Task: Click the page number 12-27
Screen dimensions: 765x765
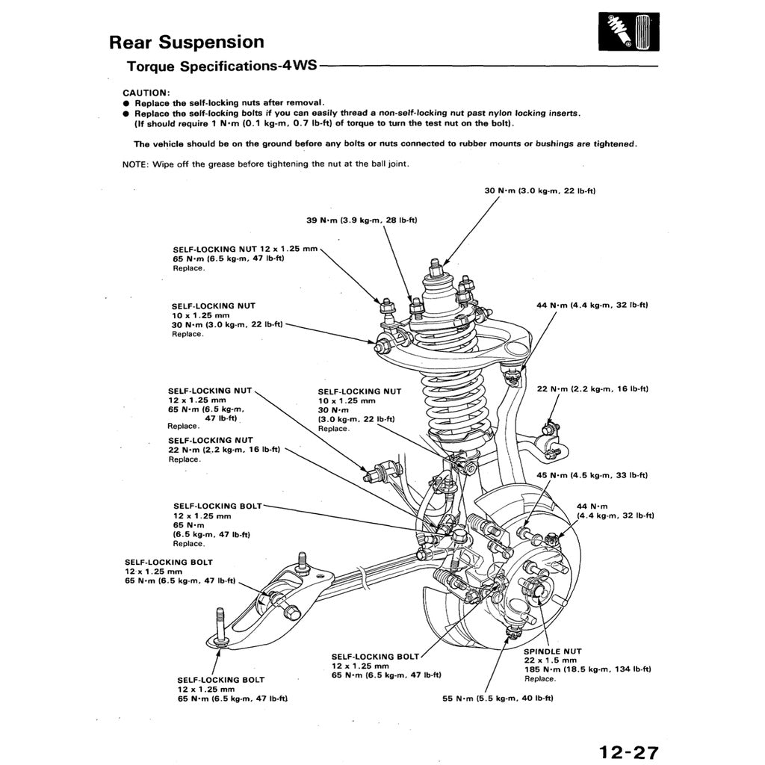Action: (628, 751)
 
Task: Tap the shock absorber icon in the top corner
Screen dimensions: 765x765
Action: (628, 34)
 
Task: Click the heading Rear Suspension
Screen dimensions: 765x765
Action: (186, 42)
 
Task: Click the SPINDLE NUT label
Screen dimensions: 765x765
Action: (552, 651)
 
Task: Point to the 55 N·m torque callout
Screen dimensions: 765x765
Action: (498, 699)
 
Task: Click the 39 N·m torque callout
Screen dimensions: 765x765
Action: (362, 220)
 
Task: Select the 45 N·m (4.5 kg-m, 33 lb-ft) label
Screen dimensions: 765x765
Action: (592, 475)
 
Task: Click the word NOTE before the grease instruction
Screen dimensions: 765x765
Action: (135, 164)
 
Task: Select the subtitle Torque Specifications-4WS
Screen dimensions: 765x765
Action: (221, 66)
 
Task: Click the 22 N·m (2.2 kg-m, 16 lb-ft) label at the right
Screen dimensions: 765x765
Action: (592, 389)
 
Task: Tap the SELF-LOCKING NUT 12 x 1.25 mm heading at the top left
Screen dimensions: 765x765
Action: (245, 249)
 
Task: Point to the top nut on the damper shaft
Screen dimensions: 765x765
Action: (435, 265)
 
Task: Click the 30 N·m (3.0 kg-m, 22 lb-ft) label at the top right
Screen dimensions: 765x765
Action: (539, 191)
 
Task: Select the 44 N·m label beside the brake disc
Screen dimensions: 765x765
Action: (592, 506)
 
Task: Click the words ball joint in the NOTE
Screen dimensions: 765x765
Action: (389, 164)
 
